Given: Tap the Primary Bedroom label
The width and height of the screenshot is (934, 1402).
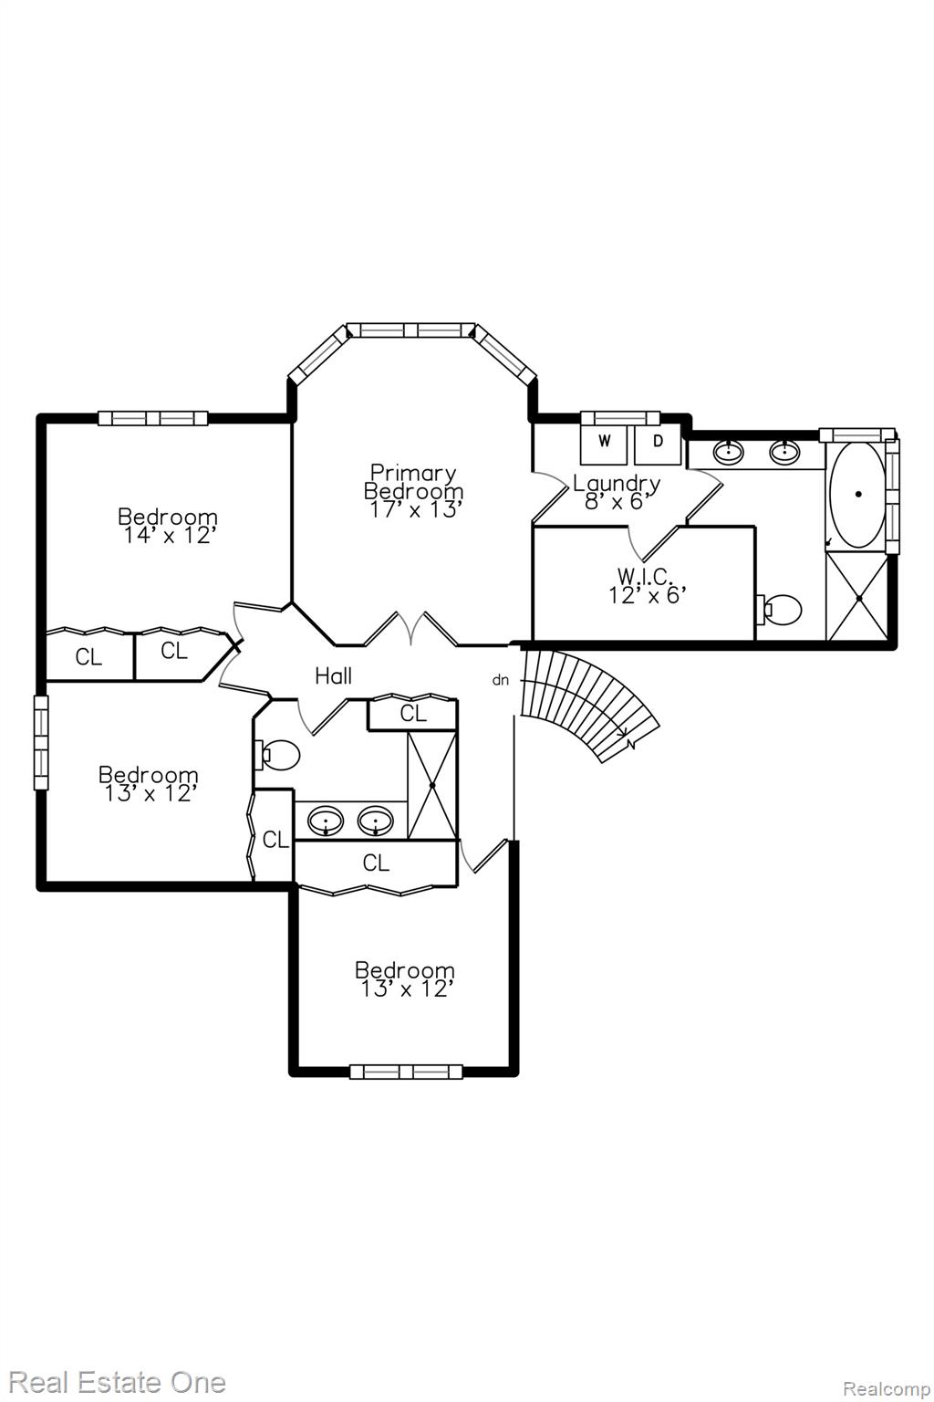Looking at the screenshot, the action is (x=413, y=481).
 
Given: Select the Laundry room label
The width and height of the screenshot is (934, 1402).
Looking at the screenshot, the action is (x=617, y=483).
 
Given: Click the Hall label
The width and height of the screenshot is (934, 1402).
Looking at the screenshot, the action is (x=334, y=676).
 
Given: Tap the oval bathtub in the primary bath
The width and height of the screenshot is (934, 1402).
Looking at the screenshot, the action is (x=858, y=495).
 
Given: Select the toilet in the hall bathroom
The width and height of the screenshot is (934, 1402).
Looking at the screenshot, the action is (x=277, y=756).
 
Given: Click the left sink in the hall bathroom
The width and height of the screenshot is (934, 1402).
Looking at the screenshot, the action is (x=326, y=820).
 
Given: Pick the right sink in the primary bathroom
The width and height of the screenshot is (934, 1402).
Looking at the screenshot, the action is (x=784, y=451).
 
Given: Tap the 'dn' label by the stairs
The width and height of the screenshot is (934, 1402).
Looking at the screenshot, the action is (x=501, y=680).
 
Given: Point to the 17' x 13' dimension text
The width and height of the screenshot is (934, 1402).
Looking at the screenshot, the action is (x=416, y=509).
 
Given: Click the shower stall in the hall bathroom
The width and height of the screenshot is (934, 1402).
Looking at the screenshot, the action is (x=431, y=785).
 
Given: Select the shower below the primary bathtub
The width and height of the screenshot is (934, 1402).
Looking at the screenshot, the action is (x=858, y=598).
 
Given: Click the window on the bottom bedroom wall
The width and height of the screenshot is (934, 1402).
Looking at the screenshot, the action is (x=405, y=1072).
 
